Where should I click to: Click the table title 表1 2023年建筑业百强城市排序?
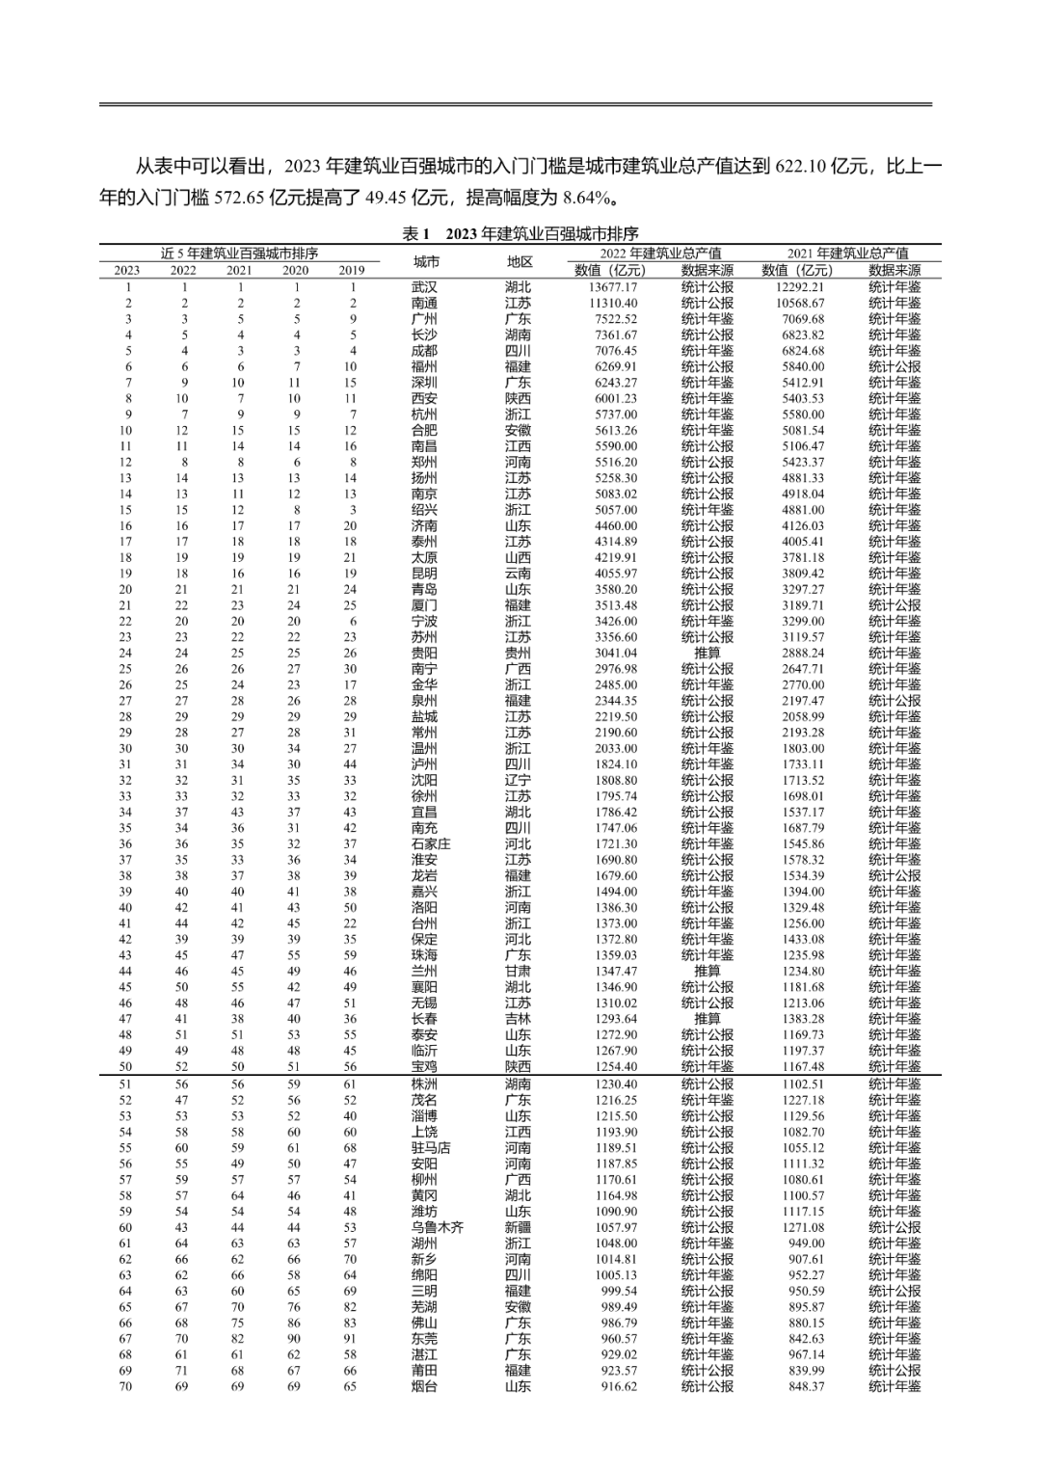coord(520,234)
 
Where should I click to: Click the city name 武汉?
coord(424,287)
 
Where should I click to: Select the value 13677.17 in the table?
coord(612,287)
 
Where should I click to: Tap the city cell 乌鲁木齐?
coord(438,1227)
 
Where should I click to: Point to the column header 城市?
coord(425,262)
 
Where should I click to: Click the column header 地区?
coord(520,262)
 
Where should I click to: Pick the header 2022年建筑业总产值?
coord(660,254)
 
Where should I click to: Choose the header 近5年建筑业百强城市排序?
coord(239,254)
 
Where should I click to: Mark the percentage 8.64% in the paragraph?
coord(586,199)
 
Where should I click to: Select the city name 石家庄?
coord(431,843)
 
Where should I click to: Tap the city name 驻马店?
coord(431,1148)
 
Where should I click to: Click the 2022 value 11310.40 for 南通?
coord(612,303)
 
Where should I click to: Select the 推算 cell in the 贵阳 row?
coord(707,653)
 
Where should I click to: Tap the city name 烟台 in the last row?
coord(424,1386)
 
